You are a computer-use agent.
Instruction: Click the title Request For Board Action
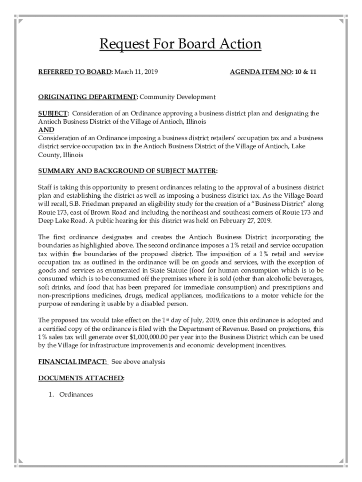(180, 44)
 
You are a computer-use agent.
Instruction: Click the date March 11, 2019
(136, 72)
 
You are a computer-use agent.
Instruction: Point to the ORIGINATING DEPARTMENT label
(87, 97)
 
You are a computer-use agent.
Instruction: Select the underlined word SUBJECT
(53, 113)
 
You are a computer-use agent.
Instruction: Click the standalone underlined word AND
(46, 129)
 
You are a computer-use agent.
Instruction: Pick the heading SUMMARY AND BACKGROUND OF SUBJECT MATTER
(127, 171)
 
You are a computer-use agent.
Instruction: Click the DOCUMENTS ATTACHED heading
(81, 378)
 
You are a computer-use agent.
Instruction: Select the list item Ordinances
(76, 394)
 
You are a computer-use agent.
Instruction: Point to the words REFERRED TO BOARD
(75, 72)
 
